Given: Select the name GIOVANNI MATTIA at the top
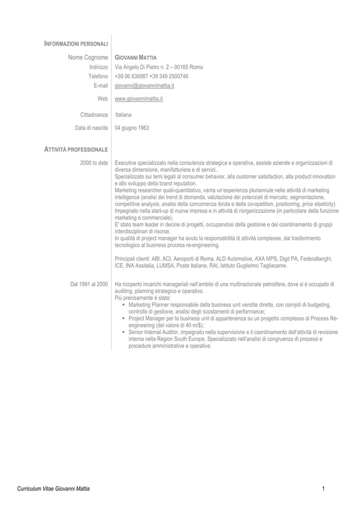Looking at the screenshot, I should pos(135,58).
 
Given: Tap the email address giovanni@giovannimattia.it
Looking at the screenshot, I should pos(144,86).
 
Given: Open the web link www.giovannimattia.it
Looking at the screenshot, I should pos(139,99).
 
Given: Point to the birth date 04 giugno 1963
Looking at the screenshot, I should pos(132,128).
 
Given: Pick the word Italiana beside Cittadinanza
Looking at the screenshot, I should pos(124,115).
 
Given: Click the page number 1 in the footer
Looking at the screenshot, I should pos(323,488).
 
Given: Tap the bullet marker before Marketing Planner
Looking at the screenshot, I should pos(124,305).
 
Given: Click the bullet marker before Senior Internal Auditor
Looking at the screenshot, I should pos(124,332).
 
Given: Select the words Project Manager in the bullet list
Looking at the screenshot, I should pos(149,319).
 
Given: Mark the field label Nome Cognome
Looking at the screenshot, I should pos(88,58).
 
